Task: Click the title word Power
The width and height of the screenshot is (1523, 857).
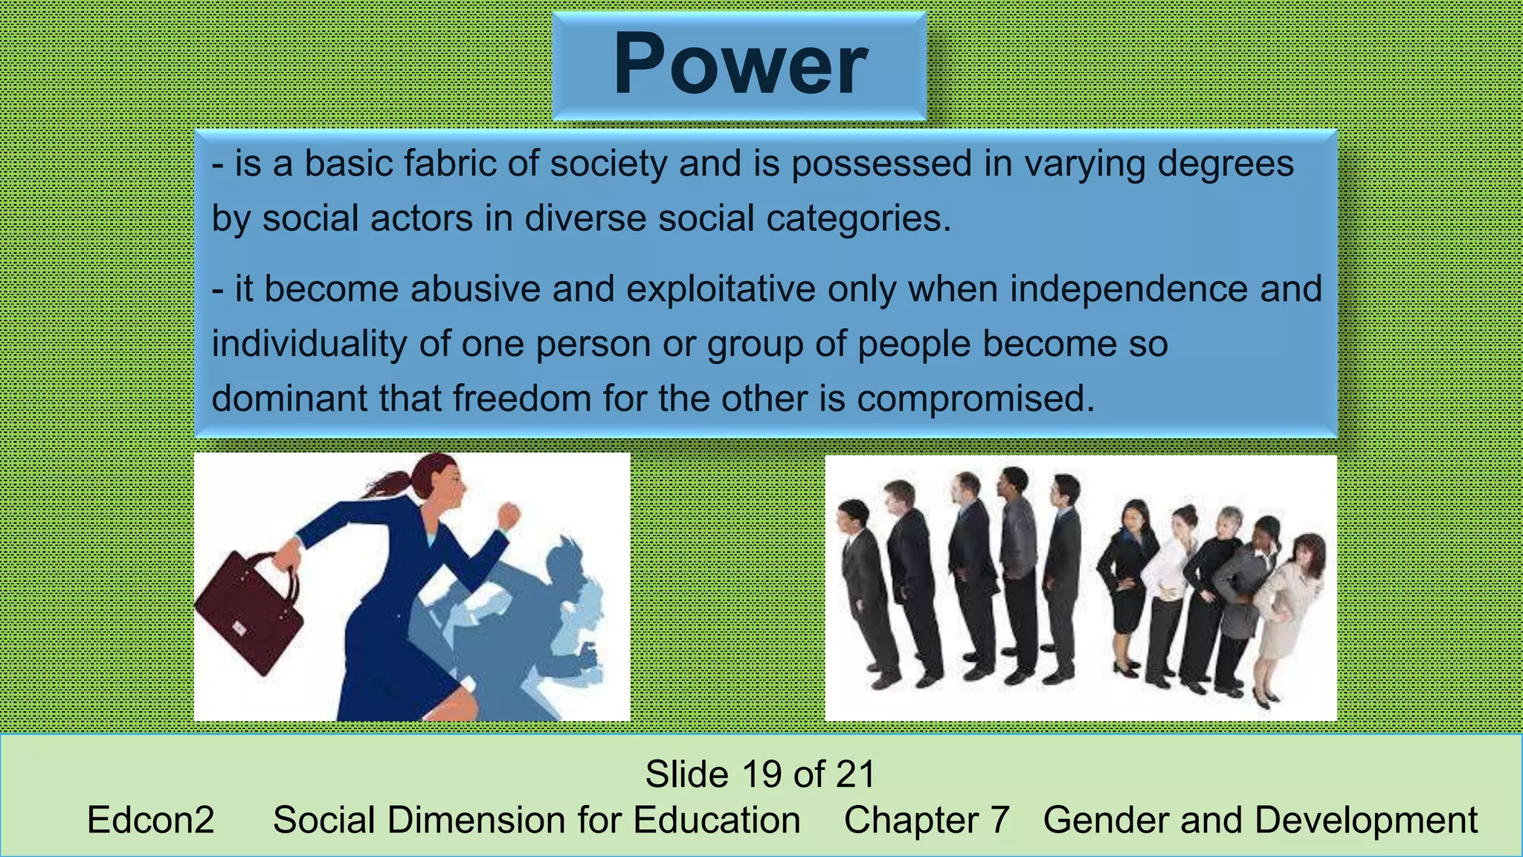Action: (740, 65)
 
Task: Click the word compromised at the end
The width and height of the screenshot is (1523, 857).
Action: (976, 399)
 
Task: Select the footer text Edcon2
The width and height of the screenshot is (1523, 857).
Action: (150, 821)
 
